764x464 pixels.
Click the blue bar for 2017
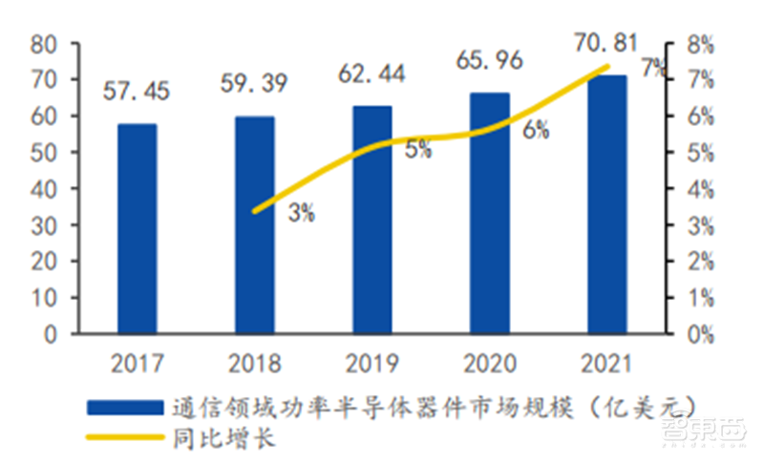(137, 229)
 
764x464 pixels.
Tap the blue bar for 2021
(606, 204)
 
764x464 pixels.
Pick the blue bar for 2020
(489, 214)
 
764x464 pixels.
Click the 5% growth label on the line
(417, 149)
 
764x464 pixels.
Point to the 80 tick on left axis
(42, 44)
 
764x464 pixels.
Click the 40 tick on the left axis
(42, 189)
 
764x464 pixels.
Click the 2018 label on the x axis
(254, 364)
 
